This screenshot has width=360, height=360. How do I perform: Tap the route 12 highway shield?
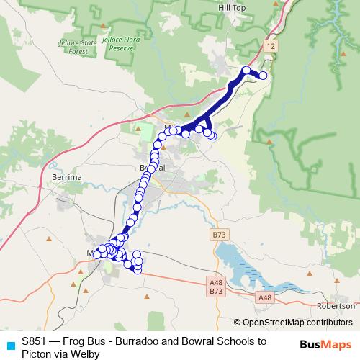pos(270,45)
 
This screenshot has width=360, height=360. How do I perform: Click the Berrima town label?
pos(68,175)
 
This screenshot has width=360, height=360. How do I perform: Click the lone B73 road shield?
pos(218,235)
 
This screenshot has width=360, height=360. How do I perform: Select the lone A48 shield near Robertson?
pos(265,297)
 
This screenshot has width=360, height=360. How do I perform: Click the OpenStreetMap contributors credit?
pos(297,323)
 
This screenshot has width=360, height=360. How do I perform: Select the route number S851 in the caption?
pos(35,341)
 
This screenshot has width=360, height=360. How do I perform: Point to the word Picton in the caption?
pos(37,354)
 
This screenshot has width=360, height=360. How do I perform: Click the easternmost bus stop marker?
pos(264,76)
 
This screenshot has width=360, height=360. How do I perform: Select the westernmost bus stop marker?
pos(97,254)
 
